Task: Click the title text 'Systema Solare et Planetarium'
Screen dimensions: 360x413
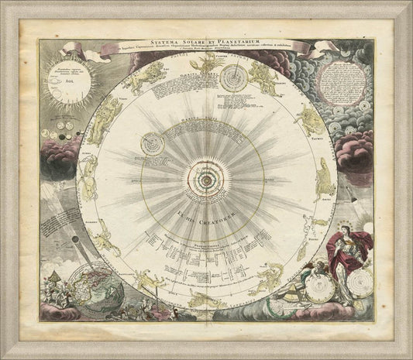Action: point(205,31)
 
